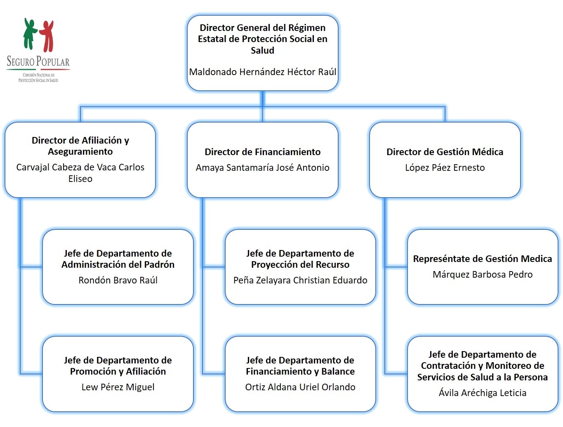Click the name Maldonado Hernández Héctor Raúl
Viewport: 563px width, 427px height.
pyautogui.click(x=262, y=72)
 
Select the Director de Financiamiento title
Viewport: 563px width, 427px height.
pyautogui.click(x=262, y=152)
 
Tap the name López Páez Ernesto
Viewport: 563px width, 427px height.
pyautogui.click(x=445, y=167)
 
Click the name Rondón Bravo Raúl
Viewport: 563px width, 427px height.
pyautogui.click(x=118, y=280)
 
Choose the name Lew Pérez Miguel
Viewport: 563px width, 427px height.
pyautogui.click(x=118, y=387)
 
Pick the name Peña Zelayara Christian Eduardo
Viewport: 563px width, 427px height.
pyautogui.click(x=300, y=280)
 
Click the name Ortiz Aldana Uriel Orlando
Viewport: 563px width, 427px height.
pyautogui.click(x=300, y=387)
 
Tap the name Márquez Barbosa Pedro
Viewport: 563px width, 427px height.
pyautogui.click(x=483, y=274)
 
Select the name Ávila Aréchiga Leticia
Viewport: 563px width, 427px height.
pyautogui.click(x=483, y=393)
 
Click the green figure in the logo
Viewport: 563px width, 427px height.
pyautogui.click(x=30, y=33)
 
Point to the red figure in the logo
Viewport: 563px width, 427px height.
pyautogui.click(x=47, y=35)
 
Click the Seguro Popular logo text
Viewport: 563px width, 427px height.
pyautogui.click(x=38, y=62)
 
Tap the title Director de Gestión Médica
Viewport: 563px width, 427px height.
pyautogui.click(x=445, y=152)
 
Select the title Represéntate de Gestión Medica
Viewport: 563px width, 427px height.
pyautogui.click(x=483, y=259)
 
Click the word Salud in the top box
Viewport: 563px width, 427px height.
pyautogui.click(x=262, y=50)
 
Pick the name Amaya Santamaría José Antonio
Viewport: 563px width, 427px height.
pyautogui.click(x=262, y=167)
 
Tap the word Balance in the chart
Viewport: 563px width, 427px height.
pyautogui.click(x=338, y=371)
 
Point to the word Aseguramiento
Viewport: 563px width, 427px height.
pyautogui.click(x=80, y=151)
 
